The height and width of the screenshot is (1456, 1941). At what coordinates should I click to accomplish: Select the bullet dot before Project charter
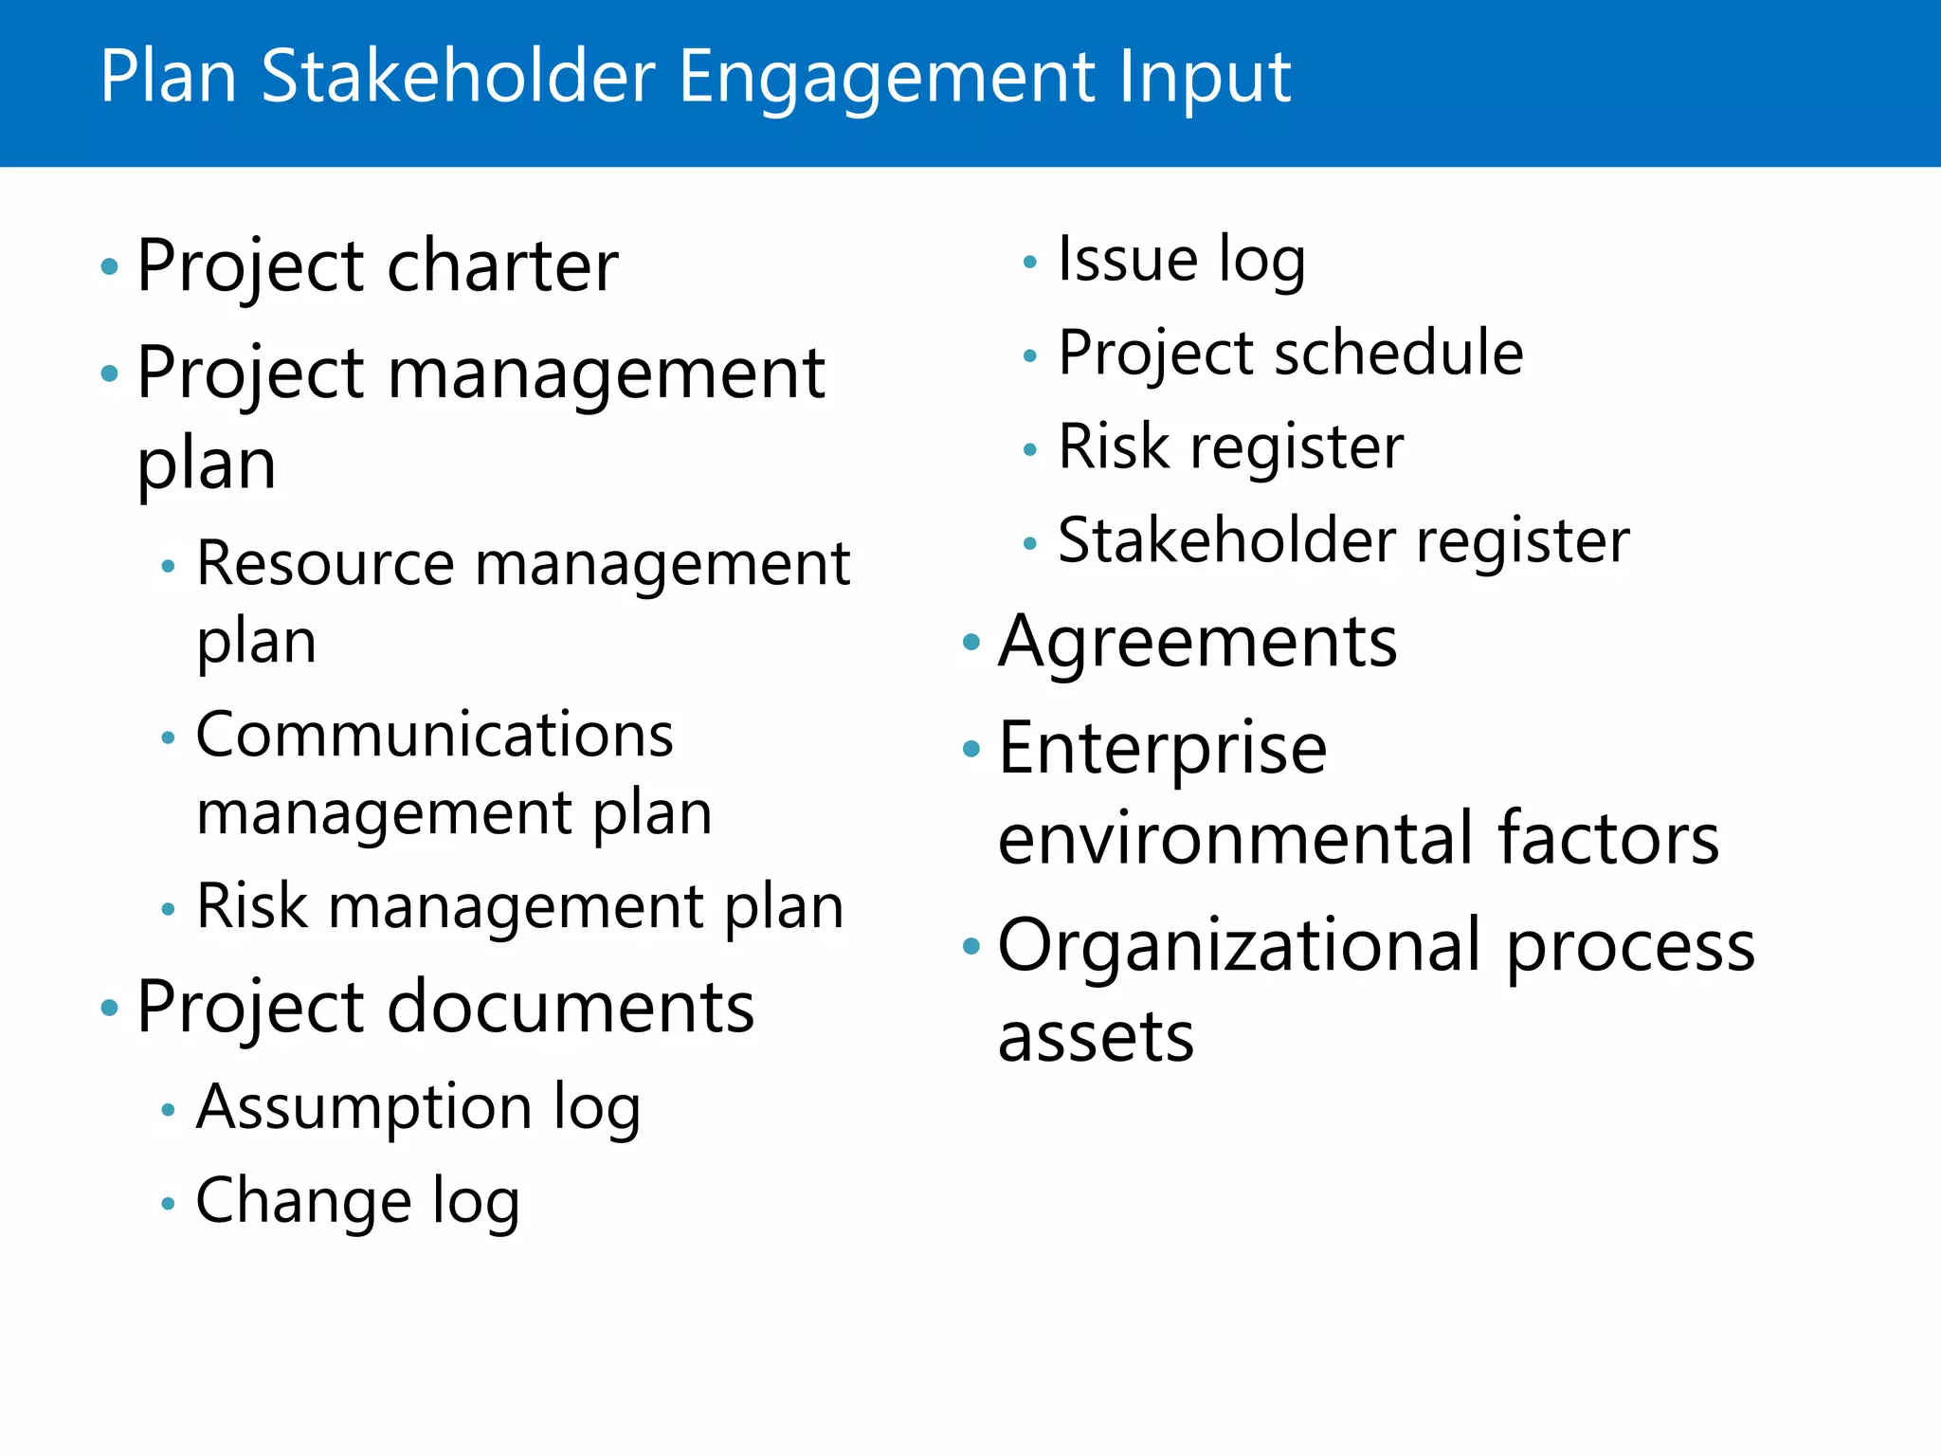click(x=110, y=267)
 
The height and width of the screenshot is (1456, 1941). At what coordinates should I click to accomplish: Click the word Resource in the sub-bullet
click(x=325, y=564)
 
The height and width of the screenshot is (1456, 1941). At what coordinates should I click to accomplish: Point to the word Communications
click(x=434, y=736)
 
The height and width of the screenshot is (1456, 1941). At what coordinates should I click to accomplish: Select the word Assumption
click(x=364, y=1107)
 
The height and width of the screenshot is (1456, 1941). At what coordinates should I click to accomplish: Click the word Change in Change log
click(x=303, y=1201)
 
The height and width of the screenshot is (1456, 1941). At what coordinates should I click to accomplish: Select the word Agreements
click(x=1197, y=643)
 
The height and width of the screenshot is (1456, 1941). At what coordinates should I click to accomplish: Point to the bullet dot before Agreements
click(x=970, y=644)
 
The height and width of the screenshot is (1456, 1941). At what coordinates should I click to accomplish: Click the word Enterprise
click(x=1162, y=749)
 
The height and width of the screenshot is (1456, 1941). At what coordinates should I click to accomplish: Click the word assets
click(x=1096, y=1036)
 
